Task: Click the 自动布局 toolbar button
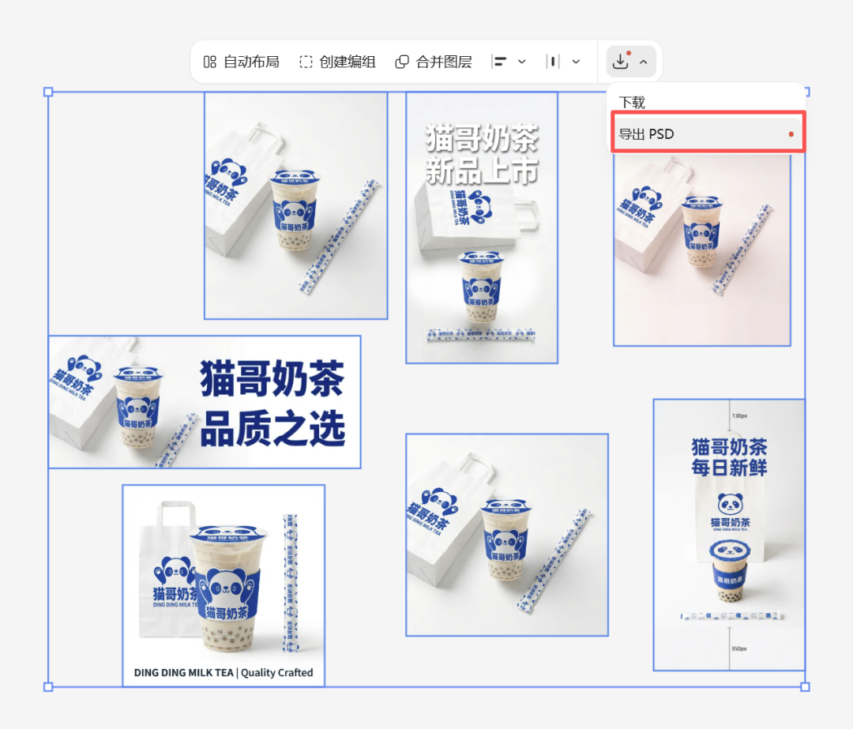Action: pos(242,62)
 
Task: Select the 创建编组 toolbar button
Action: pos(337,62)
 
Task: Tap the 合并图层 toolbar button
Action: pos(434,62)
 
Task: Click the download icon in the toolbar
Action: pos(621,61)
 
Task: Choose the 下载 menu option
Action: pos(632,103)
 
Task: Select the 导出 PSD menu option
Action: pos(647,134)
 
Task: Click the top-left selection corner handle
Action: pos(48,92)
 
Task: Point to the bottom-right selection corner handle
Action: pos(805,686)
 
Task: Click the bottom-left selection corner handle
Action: pos(48,686)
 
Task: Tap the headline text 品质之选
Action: pos(272,430)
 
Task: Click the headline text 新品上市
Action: pos(482,171)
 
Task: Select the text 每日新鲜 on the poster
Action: pos(729,468)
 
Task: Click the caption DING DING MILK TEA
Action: pos(183,673)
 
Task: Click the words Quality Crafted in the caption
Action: pos(277,673)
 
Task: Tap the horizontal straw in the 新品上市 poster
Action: pos(481,334)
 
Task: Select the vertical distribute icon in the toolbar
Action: pos(554,62)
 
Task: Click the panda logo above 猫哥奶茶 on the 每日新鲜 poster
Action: pos(730,502)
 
